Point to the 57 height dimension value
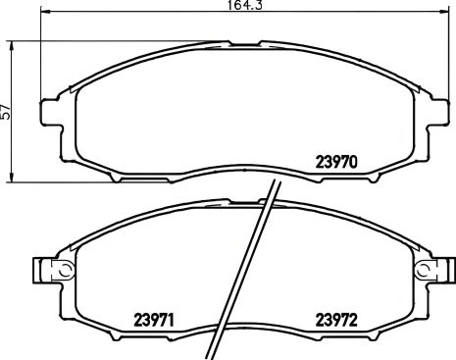7,112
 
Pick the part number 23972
338,319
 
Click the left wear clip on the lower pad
41,268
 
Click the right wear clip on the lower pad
438,268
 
